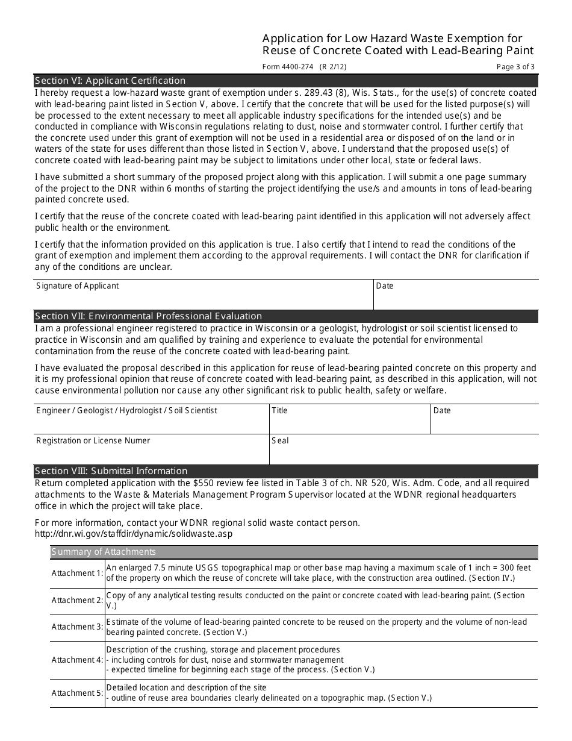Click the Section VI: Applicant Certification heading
coord(110,81)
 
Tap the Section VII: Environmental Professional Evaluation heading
coord(149,316)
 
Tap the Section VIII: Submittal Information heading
coord(111,471)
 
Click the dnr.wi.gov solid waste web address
coord(133,534)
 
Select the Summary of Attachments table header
coord(104,552)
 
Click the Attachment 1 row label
coord(77,573)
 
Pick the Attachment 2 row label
coord(77,600)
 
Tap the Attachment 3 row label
coord(77,627)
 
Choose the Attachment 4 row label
coord(77,660)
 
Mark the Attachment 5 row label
coord(77,693)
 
